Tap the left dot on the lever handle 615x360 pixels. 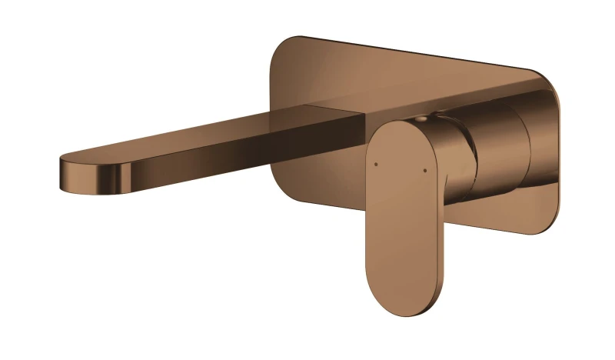click(375, 163)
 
